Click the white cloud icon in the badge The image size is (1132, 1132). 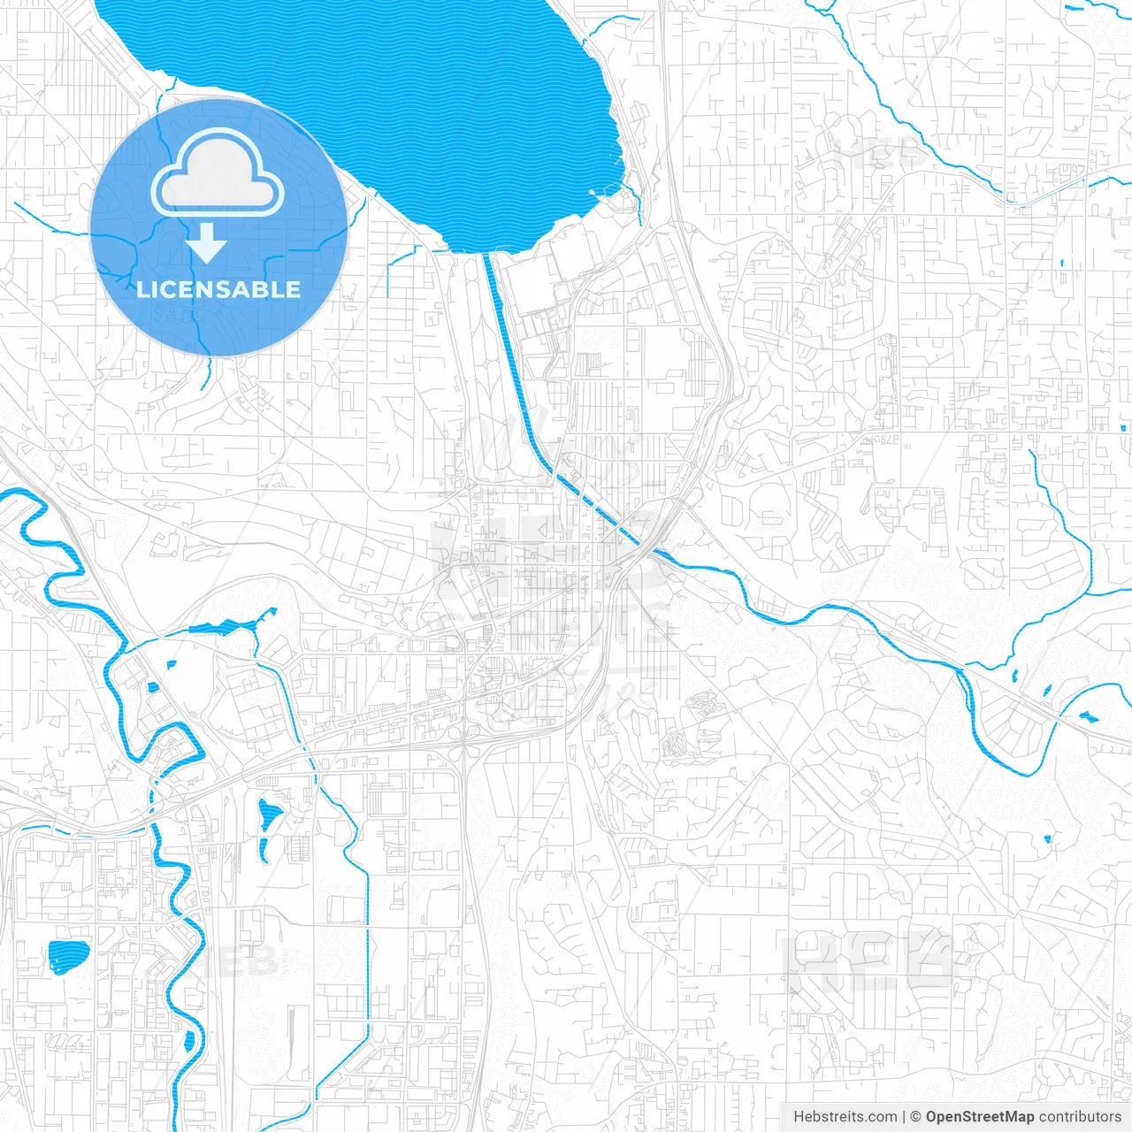(x=218, y=172)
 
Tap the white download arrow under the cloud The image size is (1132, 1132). (x=207, y=242)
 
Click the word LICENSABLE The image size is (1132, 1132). (x=218, y=289)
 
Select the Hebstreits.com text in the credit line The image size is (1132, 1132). (x=845, y=1117)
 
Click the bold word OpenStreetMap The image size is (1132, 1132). (x=980, y=1117)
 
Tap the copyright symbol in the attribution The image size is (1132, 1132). (x=916, y=1117)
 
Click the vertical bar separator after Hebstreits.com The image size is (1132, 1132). (x=904, y=1117)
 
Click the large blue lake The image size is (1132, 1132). (x=398, y=106)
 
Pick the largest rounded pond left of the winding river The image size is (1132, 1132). (x=68, y=953)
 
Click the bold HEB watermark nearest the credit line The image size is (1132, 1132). (x=871, y=960)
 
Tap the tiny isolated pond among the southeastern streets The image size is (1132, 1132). (x=1048, y=838)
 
